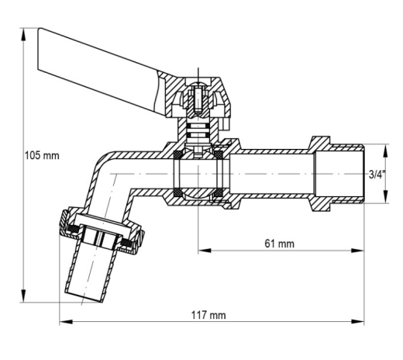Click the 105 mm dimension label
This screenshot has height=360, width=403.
pos(42,156)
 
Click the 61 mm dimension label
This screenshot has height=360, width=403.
pos(279,244)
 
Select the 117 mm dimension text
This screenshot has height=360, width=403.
pos(208,315)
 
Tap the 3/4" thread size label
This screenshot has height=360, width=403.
pos(377,175)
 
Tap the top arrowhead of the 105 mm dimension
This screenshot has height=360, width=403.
pos(23,34)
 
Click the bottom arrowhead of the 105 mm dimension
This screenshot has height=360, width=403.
pos(23,296)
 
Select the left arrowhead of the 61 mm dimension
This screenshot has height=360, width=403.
pos(205,251)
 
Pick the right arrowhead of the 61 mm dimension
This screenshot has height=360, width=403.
pos(357,251)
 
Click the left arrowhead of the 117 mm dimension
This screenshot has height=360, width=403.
pos(66,322)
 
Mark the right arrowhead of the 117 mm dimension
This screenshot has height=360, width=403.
pos(357,322)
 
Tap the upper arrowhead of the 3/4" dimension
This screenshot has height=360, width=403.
pos(385,151)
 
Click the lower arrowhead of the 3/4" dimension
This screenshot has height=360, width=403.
pos(385,196)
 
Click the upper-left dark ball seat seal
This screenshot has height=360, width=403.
pos(178,154)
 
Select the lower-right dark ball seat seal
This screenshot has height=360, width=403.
pos(219,192)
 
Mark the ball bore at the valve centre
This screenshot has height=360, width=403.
pos(198,174)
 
